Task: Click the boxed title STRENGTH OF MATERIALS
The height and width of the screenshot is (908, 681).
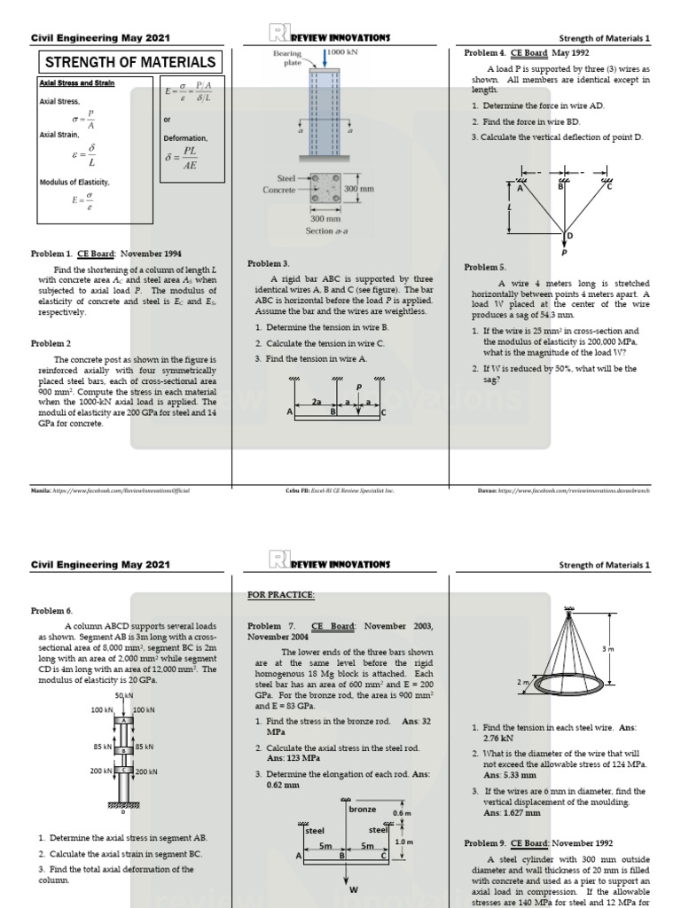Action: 129,62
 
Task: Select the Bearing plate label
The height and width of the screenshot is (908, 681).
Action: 287,59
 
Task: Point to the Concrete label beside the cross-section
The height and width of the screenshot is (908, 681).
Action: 279,190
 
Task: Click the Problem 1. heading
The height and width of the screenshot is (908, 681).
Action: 54,254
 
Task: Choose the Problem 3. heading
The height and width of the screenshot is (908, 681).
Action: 269,263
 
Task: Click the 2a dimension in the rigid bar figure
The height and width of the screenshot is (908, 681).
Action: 315,402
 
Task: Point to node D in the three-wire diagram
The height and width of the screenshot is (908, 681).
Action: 569,235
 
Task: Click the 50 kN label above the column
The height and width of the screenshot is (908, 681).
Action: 124,696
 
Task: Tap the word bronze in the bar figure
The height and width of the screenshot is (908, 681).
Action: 363,809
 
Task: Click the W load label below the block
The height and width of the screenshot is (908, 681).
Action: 353,889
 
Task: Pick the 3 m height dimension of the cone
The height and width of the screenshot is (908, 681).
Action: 607,649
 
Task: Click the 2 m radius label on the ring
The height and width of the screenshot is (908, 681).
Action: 522,681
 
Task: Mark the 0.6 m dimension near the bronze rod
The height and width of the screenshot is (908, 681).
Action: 402,813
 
